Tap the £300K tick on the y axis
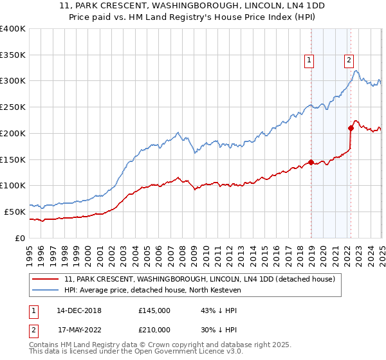pos(13,81)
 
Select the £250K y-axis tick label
pos(13,107)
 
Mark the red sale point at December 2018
pos(311,162)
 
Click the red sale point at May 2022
pos(351,128)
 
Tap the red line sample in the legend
pos(46,280)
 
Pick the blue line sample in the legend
pos(46,291)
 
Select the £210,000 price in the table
pos(154,329)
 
